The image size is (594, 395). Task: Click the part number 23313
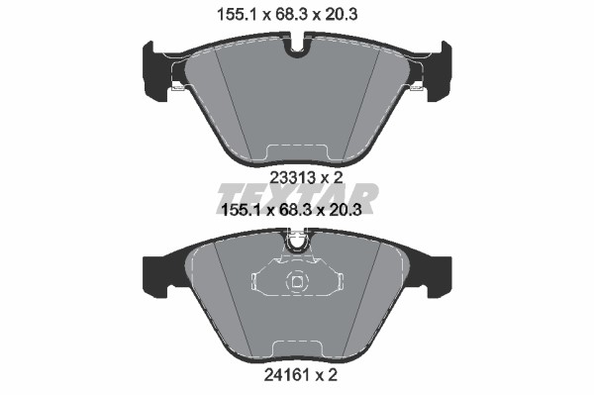[x=292, y=177]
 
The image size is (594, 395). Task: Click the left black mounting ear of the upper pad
[x=156, y=71]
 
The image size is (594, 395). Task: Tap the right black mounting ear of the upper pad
[x=439, y=71]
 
